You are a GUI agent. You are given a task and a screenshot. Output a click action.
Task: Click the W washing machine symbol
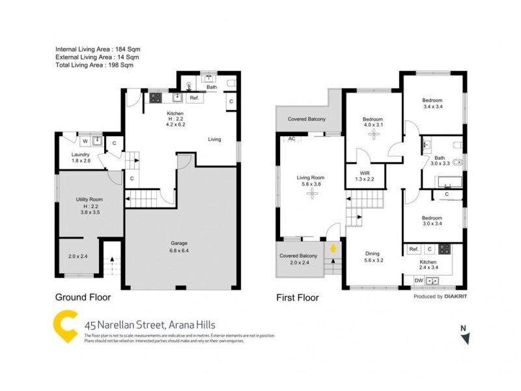pos(85,140)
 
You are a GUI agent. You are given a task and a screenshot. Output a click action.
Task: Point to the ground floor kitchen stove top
pos(156,98)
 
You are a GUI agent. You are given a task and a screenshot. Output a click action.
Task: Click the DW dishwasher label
pos(418,281)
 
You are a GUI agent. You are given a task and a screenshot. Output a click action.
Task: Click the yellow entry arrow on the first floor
pos(333,248)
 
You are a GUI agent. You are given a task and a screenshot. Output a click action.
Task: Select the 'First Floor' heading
pos(298,298)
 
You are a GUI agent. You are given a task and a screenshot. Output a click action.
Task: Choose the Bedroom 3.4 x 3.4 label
pos(432,103)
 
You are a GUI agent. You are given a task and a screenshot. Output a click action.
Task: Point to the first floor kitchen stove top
pos(445,249)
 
